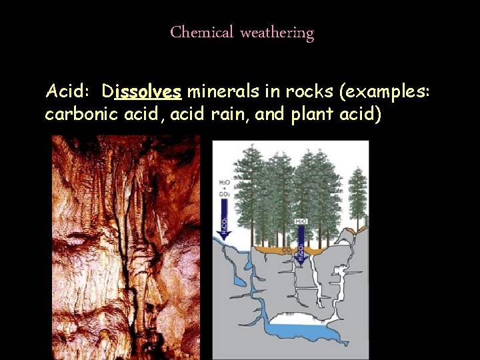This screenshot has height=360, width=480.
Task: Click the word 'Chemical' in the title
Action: [x=201, y=32]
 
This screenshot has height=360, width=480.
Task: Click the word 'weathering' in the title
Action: [x=277, y=32]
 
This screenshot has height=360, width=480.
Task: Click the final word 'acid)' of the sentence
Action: [x=361, y=115]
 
